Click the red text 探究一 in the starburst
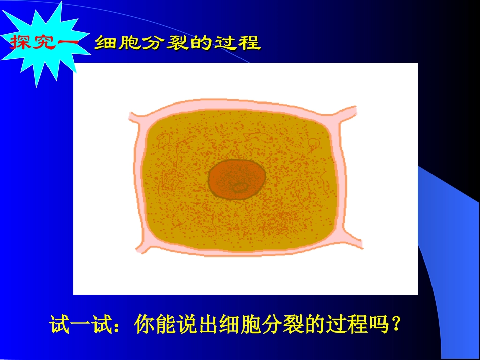point(42,43)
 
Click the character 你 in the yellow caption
point(145,325)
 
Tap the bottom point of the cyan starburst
point(37,86)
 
